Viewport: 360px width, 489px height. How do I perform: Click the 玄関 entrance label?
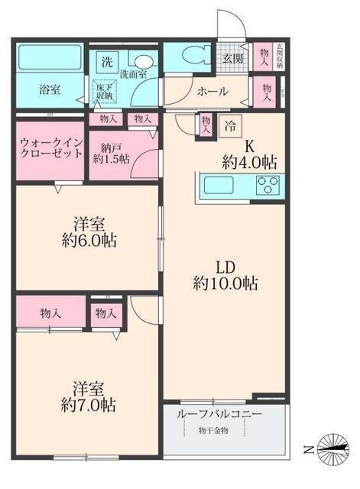tap(232, 58)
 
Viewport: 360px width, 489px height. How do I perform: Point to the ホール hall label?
tap(212, 92)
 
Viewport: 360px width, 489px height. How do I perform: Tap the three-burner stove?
tap(268, 184)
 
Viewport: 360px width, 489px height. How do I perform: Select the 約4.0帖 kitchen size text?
tap(249, 161)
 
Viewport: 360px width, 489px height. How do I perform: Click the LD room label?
tap(224, 267)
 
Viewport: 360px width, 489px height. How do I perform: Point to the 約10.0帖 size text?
tap(225, 284)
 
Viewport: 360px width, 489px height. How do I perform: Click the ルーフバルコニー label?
tap(219, 413)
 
